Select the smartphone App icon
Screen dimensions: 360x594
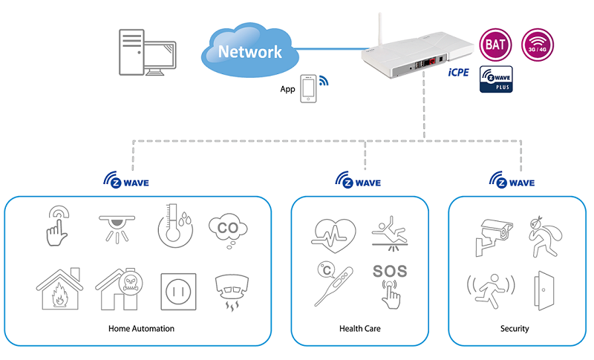tap(309, 88)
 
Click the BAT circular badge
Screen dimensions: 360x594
tap(497, 43)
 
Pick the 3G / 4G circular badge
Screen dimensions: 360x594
tap(537, 43)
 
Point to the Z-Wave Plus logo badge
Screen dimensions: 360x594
tap(496, 79)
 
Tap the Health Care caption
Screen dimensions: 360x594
tap(359, 328)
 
